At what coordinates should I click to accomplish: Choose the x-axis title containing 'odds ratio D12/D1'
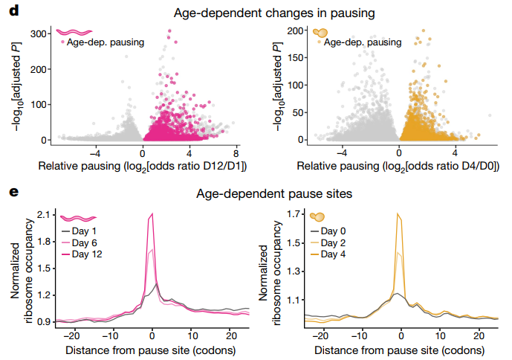(x=143, y=165)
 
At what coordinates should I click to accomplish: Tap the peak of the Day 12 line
(x=152, y=214)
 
